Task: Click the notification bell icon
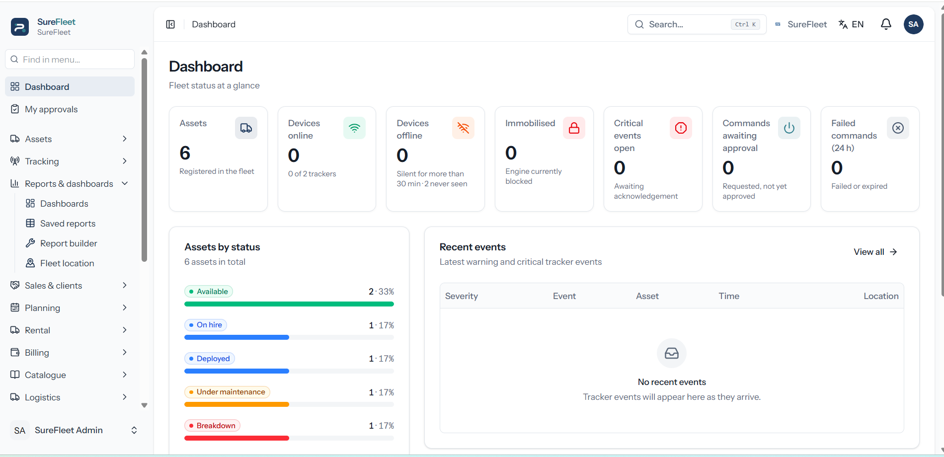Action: coord(886,24)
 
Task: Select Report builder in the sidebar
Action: coord(69,243)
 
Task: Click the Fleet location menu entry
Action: coord(67,263)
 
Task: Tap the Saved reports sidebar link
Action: coord(68,224)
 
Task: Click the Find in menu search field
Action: coord(70,59)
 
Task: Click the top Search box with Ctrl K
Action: coord(697,24)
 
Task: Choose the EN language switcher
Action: coord(851,24)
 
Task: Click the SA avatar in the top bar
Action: coord(913,24)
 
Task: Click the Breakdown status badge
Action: coord(212,426)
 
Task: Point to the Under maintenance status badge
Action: coord(227,392)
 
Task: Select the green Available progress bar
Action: coord(289,304)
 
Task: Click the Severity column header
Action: coord(462,296)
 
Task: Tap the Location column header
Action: coord(881,296)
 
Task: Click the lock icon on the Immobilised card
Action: coord(574,128)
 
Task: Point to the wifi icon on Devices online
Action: coord(354,128)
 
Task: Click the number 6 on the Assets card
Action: coord(185,153)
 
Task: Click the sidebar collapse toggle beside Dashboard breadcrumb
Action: coord(170,24)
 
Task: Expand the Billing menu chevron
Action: coord(125,352)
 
